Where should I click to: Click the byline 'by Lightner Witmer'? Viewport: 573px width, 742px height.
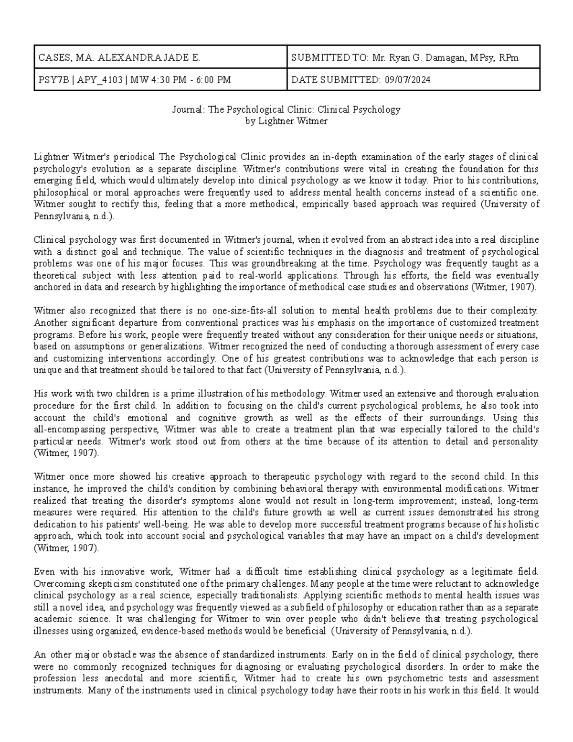(286, 121)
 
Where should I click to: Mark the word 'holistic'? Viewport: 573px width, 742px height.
(523, 524)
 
